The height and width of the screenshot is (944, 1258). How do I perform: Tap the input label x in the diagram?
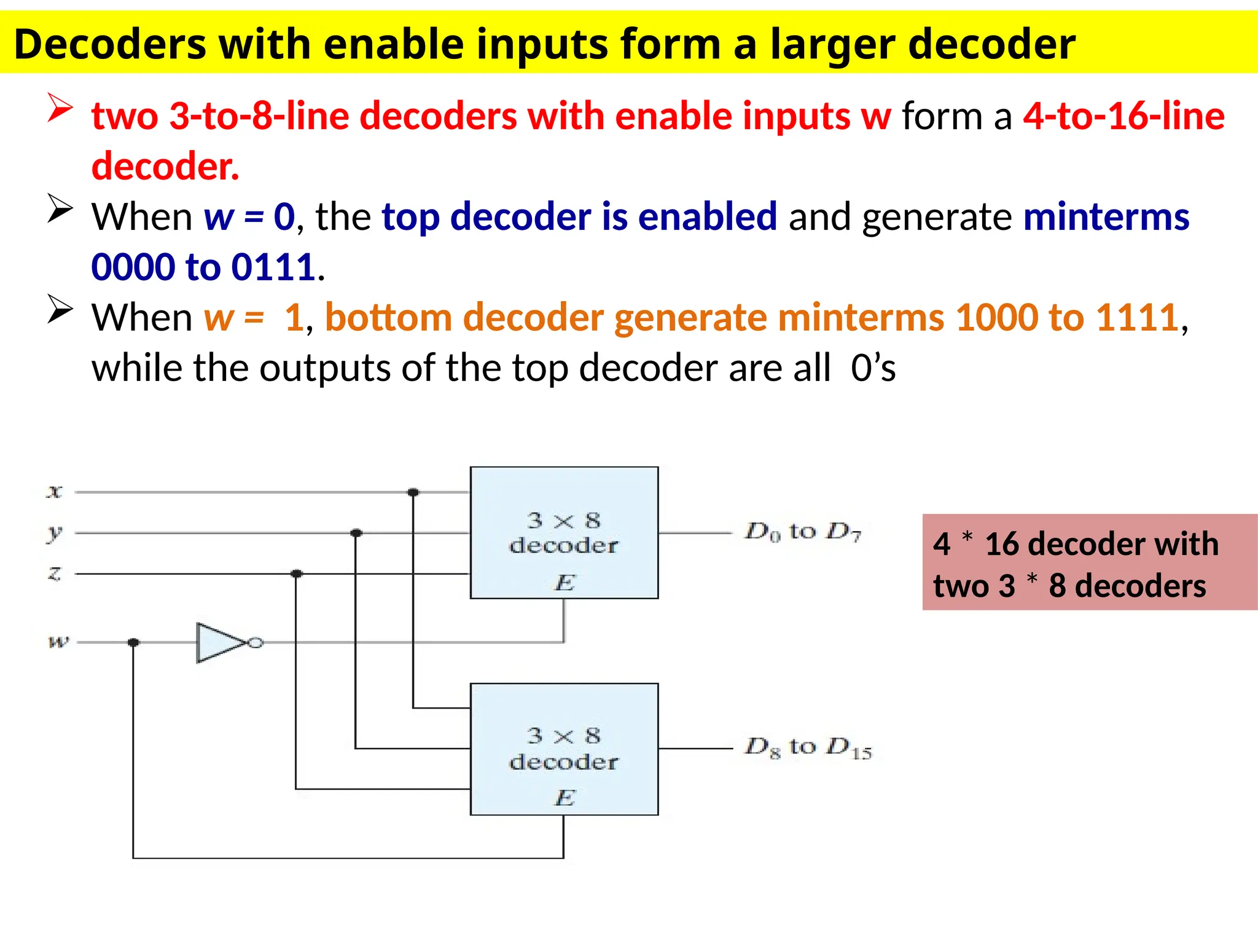coord(55,492)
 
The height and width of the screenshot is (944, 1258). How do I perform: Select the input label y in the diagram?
coord(55,533)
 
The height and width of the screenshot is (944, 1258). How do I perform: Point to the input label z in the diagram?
coord(55,573)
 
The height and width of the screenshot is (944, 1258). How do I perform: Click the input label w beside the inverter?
coord(58,642)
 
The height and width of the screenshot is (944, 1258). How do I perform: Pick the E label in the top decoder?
coord(565,582)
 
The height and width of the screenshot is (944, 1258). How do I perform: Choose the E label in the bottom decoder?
coord(565,798)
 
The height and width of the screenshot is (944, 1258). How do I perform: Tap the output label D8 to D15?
coord(808,748)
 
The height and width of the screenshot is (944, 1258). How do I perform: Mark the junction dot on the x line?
coord(413,492)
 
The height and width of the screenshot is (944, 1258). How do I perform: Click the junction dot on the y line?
coord(356,533)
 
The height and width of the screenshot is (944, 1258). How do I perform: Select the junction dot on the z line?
coord(297,573)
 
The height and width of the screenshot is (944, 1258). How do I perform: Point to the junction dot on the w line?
coord(133,642)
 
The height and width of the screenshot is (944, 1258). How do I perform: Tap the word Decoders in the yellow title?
coord(111,44)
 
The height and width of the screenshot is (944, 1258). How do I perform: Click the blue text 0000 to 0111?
coord(203,267)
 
